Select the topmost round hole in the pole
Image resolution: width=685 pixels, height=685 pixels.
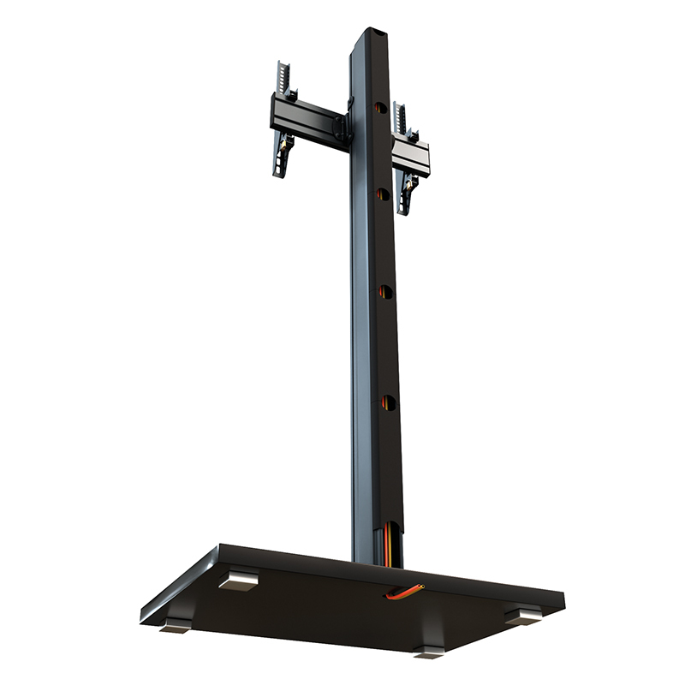pos(378,108)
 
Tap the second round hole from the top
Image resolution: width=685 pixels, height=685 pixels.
pos(382,194)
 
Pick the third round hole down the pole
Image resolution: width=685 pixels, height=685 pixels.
pos(385,293)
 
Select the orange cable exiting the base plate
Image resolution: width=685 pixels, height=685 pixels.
pos(403,591)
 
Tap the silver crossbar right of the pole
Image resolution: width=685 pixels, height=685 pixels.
pos(409,155)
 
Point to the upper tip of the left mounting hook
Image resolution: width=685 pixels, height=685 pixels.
pos(280,68)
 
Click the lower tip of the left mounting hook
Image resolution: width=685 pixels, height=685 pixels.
pos(279,171)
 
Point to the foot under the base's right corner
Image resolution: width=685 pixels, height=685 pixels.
pos(521,615)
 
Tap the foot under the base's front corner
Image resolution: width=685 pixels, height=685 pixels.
pos(429,651)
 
